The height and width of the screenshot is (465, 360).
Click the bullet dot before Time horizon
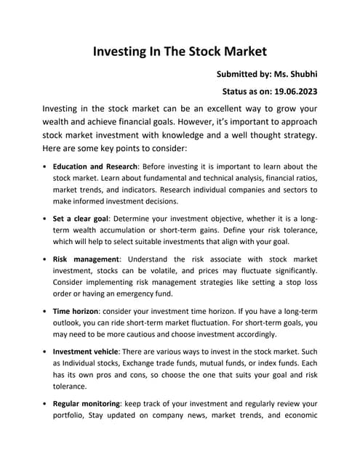point(45,311)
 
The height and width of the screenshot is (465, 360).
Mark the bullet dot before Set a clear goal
point(45,218)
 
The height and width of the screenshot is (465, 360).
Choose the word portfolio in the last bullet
point(71,416)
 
